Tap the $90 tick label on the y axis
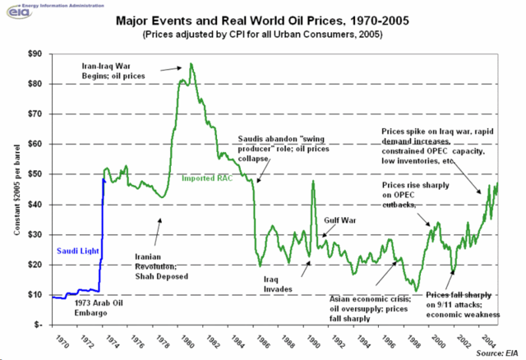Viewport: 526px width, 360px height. click(x=33, y=53)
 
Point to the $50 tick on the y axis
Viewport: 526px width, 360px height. click(x=33, y=174)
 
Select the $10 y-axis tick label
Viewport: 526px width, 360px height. click(x=33, y=294)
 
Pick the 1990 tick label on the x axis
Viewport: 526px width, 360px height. click(x=312, y=339)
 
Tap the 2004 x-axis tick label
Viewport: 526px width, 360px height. click(x=491, y=339)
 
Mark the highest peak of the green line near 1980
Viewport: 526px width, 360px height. click(x=191, y=63)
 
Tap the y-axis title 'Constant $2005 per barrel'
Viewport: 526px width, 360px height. click(x=16, y=189)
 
